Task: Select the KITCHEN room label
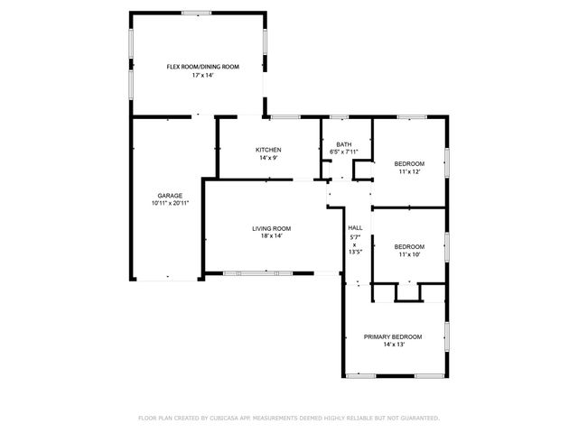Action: [268, 150]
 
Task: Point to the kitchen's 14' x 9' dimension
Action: [268, 159]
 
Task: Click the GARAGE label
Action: [170, 196]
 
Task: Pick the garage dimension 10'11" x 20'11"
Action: [170, 204]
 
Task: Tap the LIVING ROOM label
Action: [271, 228]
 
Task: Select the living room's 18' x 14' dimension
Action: [271, 236]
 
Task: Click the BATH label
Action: [344, 144]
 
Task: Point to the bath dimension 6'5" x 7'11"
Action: [344, 152]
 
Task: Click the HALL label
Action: [355, 228]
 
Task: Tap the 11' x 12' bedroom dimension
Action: [409, 171]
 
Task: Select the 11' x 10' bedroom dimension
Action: [409, 254]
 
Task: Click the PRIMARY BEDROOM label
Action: [393, 336]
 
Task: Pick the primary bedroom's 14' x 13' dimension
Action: [393, 345]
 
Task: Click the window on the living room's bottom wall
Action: [257, 272]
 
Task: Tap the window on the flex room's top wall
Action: [197, 13]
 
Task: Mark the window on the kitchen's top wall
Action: [285, 116]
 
